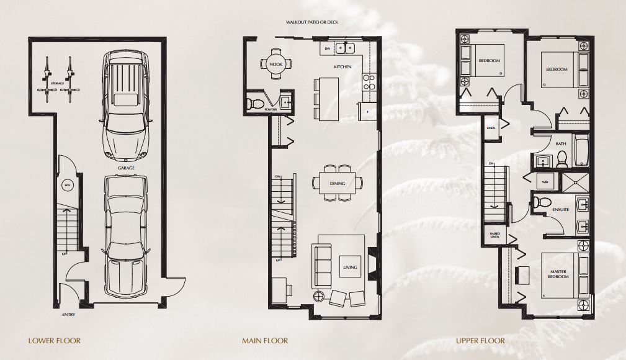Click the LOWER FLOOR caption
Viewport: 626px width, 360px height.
tap(55, 341)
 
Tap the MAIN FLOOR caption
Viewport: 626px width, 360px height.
tap(265, 341)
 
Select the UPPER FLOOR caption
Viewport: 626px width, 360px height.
tap(480, 341)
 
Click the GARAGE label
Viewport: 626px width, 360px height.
tap(126, 168)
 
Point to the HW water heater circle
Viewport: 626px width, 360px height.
tap(67, 184)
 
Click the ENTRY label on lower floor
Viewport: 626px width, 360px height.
tap(69, 315)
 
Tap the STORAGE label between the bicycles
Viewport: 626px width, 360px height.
tap(57, 83)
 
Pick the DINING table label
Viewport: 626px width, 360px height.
tap(338, 184)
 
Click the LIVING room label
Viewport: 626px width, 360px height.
tap(351, 268)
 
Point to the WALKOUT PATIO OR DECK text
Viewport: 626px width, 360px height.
tap(312, 22)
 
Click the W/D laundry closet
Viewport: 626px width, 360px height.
tap(545, 182)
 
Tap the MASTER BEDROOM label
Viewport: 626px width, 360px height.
tap(558, 274)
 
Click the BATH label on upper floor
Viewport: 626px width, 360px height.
tap(561, 144)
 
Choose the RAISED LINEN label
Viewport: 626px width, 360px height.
tap(495, 235)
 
